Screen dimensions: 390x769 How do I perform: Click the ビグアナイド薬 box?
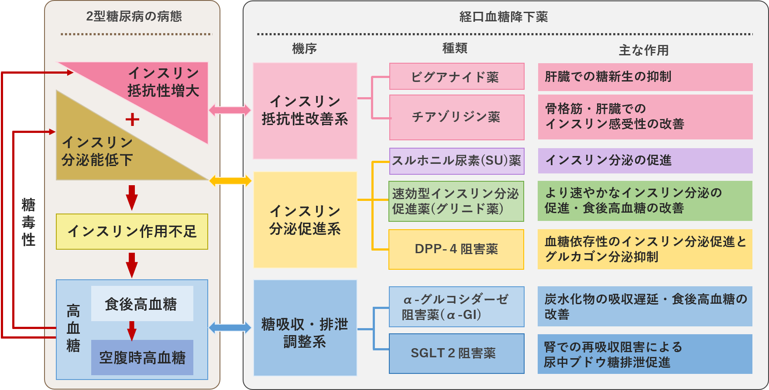[457, 77]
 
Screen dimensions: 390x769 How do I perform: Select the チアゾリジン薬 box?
[457, 117]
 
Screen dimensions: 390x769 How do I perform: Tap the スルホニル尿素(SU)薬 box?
[457, 161]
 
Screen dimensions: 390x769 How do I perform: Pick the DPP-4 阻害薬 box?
[457, 249]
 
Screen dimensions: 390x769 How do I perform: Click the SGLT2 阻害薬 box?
[457, 353]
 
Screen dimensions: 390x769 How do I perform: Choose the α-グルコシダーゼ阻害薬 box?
[457, 307]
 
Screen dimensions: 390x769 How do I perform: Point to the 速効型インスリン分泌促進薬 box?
[457, 201]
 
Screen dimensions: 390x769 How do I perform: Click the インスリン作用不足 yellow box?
[132, 231]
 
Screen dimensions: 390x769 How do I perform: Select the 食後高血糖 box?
[142, 304]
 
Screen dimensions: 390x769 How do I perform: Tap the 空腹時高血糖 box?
[142, 358]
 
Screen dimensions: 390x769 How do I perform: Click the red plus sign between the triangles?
[132, 119]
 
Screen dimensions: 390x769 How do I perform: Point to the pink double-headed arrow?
[230, 110]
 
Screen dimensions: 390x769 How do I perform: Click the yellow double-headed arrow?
[230, 180]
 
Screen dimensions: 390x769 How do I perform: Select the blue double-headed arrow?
[230, 328]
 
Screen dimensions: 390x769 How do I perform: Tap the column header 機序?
[304, 48]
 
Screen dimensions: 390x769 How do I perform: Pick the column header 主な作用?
[644, 50]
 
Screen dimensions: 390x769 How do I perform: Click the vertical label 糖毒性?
[29, 222]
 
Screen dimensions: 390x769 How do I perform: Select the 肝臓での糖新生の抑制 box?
[645, 77]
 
